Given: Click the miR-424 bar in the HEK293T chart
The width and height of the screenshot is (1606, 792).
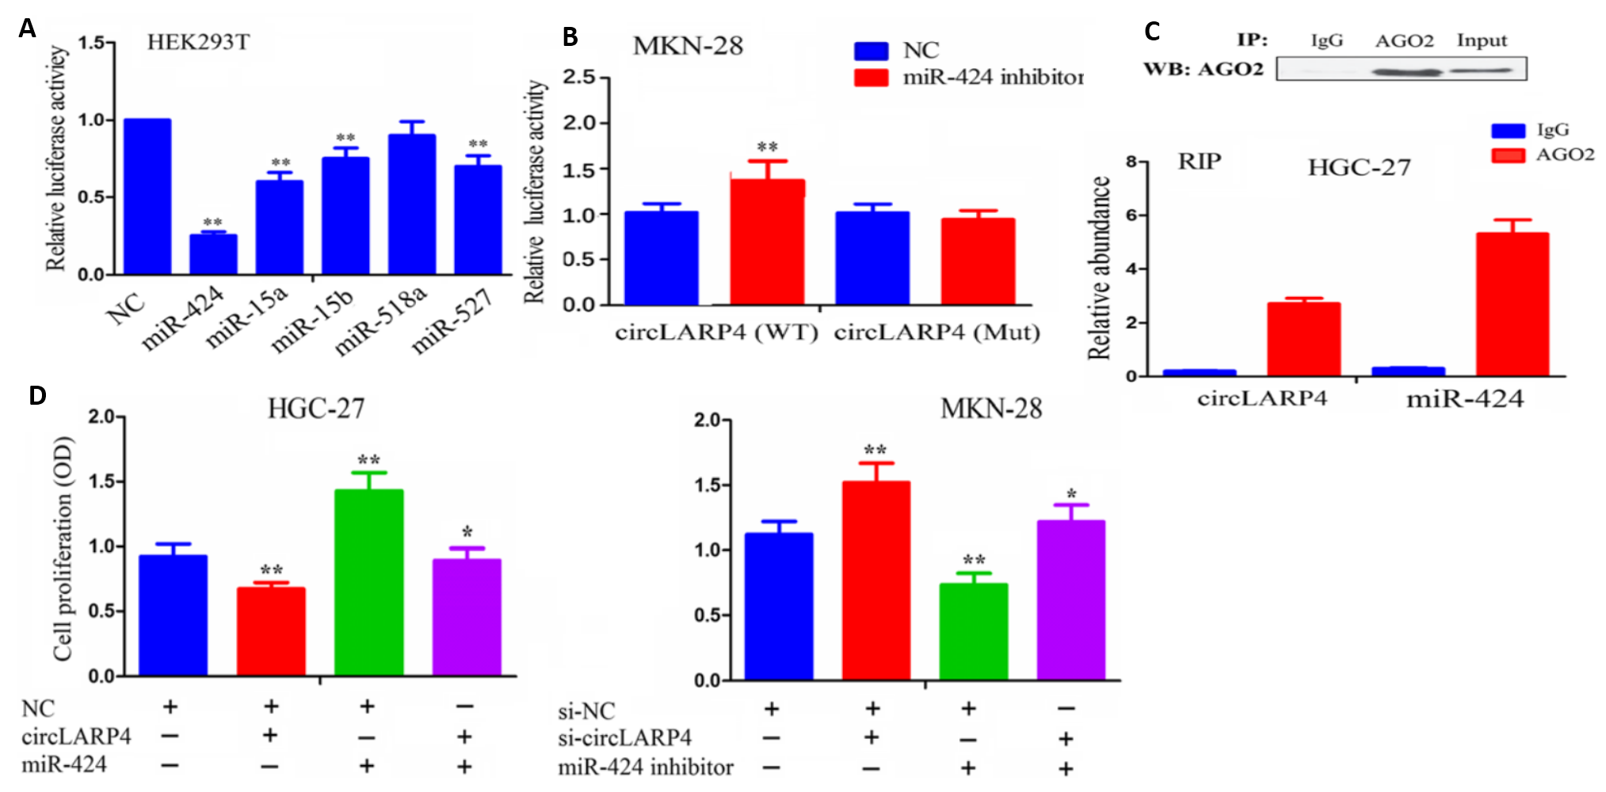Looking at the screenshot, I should pos(212,254).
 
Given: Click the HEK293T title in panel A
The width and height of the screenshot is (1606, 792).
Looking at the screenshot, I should pos(198,42).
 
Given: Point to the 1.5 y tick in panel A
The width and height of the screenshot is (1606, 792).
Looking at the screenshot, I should pos(91,42).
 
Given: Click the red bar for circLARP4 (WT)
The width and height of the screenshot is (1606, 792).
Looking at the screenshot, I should pos(767,242).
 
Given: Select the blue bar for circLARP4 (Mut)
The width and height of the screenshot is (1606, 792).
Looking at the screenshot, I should pos(872,258).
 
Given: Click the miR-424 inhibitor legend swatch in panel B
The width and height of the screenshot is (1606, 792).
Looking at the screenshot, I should pos(871,78).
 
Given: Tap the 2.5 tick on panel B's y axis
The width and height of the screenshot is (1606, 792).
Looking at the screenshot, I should pos(578,78).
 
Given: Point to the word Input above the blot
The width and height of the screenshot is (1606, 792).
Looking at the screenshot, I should pos(1482,40).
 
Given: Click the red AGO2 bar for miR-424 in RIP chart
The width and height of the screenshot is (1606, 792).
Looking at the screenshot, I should pos(1512,304).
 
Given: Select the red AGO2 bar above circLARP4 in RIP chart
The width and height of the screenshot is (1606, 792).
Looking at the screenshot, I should pos(1303,339).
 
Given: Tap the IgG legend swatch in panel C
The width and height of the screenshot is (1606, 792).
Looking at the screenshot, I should pos(1508,131).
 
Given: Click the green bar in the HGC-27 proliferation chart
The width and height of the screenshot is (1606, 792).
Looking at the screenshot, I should pos(368,583).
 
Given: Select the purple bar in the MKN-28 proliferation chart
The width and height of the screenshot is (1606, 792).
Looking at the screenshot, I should pos(1070,600).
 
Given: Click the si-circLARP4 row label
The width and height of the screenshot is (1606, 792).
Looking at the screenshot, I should pos(624,738).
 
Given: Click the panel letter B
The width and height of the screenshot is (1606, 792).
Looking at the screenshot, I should pos(570,37).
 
